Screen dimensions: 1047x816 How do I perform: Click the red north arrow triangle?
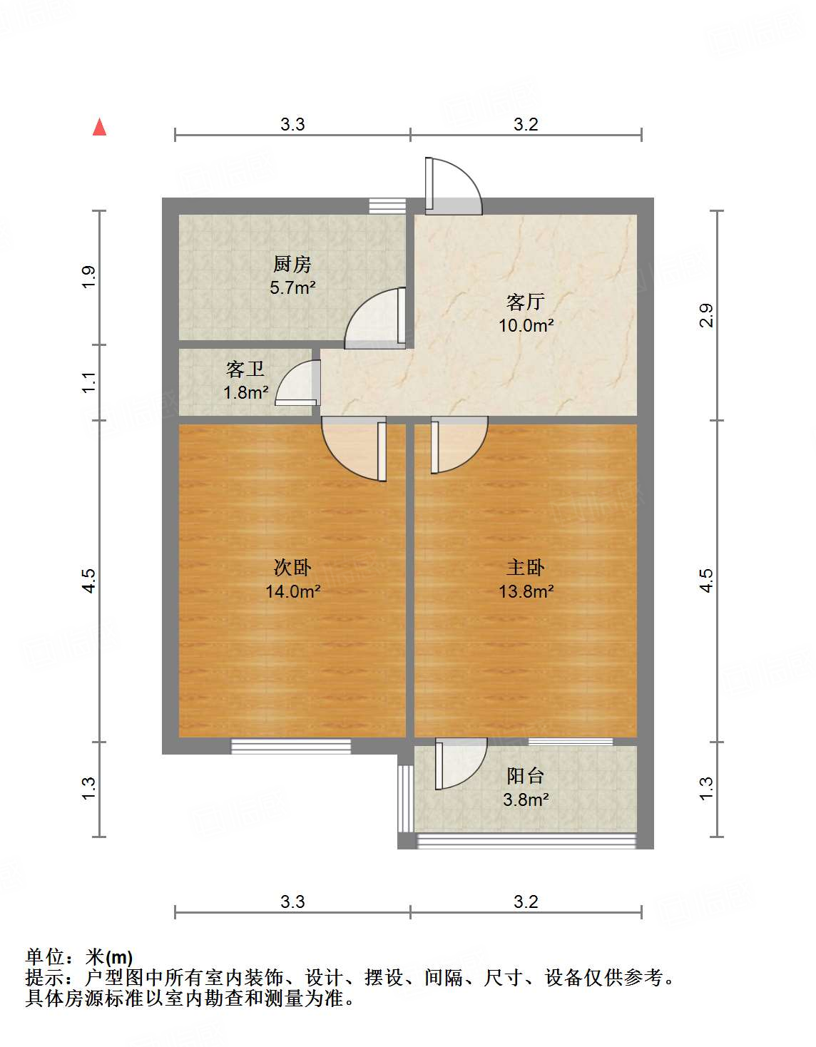(100, 128)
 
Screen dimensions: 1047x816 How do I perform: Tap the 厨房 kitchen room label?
(292, 265)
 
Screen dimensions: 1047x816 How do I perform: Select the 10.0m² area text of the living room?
(526, 326)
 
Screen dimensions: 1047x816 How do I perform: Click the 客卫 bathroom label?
(245, 369)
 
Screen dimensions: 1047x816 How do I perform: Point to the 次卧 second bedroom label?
(292, 568)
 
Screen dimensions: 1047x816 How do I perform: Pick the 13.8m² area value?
(526, 591)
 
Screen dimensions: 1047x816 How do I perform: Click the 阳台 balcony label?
(526, 775)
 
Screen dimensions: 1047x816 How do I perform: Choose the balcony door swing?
(461, 764)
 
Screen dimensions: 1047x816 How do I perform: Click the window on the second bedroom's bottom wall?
(291, 746)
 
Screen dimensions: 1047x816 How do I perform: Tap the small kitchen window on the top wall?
(387, 205)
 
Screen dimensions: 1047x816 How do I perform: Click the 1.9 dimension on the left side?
(88, 277)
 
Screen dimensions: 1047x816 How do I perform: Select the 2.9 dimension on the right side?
(706, 315)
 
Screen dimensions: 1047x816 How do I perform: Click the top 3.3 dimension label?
(292, 125)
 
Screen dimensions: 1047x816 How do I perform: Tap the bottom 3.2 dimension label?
(526, 902)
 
